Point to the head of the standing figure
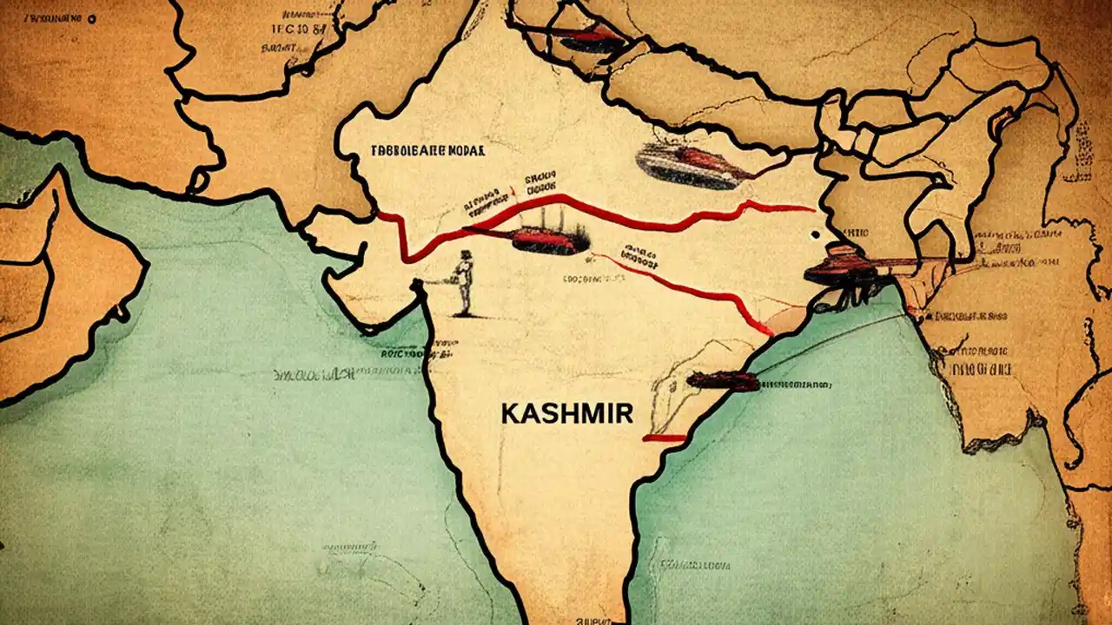(x=467, y=255)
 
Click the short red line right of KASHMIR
(x=664, y=438)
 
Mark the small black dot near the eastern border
(x=813, y=234)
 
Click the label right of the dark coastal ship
(x=795, y=383)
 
